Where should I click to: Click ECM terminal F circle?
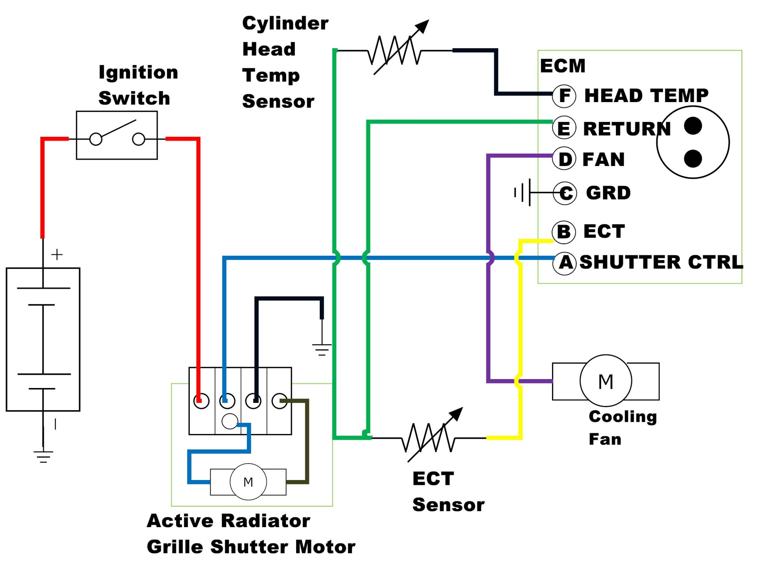click(564, 95)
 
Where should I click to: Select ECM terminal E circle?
click(564, 128)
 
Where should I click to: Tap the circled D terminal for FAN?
click(564, 159)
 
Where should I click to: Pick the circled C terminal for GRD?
click(565, 193)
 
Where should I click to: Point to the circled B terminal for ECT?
click(564, 231)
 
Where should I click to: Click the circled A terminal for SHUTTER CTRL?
click(565, 262)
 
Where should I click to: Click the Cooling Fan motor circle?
click(606, 381)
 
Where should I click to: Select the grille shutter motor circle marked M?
click(248, 482)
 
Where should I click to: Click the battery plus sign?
click(57, 255)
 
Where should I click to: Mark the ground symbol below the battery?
click(43, 456)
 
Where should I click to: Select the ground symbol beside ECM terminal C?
click(522, 193)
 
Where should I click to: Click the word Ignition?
click(138, 72)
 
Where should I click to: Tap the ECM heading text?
click(563, 66)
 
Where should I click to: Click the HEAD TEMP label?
click(646, 95)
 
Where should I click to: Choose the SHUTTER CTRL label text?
click(661, 262)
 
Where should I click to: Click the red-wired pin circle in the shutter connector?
click(201, 401)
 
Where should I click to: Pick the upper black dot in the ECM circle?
click(693, 126)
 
